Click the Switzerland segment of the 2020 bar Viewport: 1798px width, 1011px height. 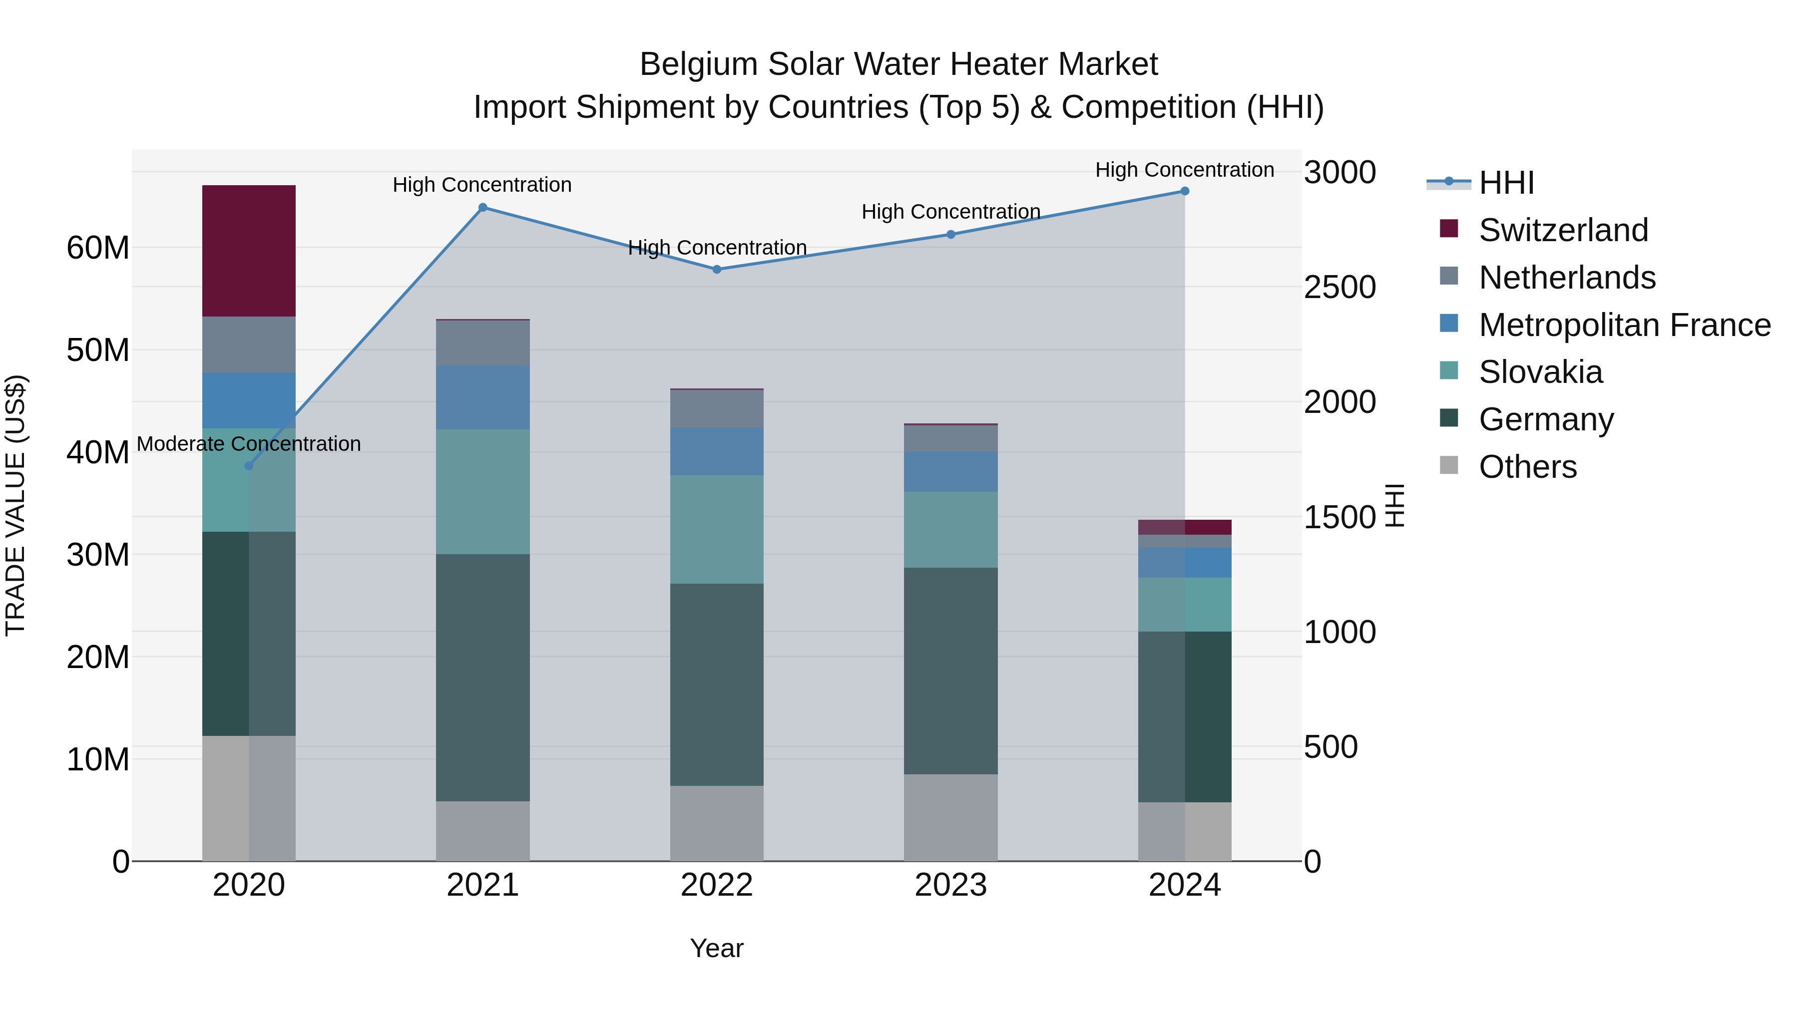click(249, 251)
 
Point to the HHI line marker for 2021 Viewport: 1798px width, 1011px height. click(482, 207)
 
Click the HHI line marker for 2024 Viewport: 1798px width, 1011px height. click(1185, 191)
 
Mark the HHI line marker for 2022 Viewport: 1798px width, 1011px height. click(717, 269)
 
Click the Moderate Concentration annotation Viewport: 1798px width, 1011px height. click(249, 444)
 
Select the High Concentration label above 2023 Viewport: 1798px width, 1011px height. click(950, 211)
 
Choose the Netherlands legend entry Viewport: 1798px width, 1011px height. click(1566, 278)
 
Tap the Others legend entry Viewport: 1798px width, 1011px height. click(1527, 467)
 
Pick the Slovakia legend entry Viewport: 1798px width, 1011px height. click(1540, 372)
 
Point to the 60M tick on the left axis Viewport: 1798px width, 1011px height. click(98, 248)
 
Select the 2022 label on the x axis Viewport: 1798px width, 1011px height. click(716, 885)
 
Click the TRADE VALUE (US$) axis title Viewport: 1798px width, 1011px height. click(15, 505)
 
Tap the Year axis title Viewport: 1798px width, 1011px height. click(716, 948)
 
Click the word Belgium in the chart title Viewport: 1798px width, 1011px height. click(699, 64)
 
